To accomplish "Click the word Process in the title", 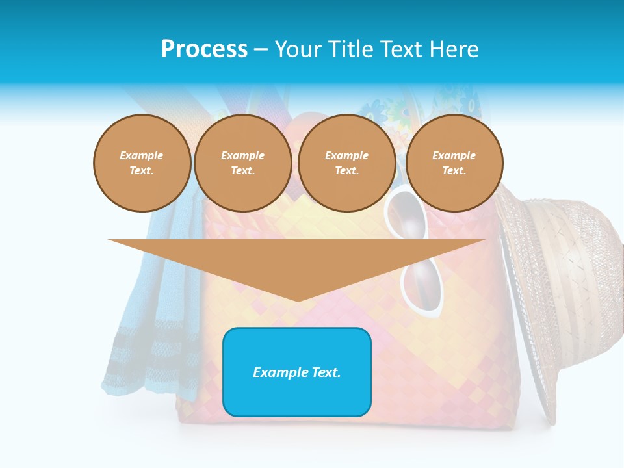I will pyautogui.click(x=204, y=49).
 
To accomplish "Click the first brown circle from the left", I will pyautogui.click(x=142, y=162).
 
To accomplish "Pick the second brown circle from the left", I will pyautogui.click(x=242, y=162).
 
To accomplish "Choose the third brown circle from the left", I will pyautogui.click(x=346, y=162).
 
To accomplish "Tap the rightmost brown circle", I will pyautogui.click(x=454, y=162).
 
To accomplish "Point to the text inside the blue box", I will pyautogui.click(x=297, y=372).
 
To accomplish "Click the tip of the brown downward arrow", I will pyautogui.click(x=298, y=299).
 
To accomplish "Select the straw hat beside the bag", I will pyautogui.click(x=559, y=292).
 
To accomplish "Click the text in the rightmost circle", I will pyautogui.click(x=454, y=162).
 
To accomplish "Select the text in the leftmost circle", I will pyautogui.click(x=142, y=162).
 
